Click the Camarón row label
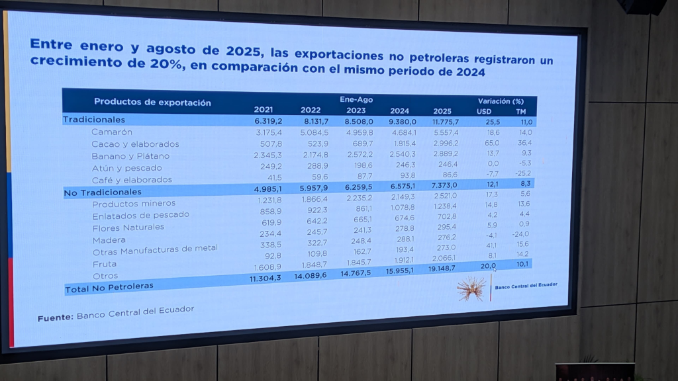(x=111, y=132)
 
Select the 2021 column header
(x=264, y=110)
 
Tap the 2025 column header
(x=442, y=111)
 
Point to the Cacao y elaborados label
(x=135, y=144)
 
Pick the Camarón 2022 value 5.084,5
(x=315, y=132)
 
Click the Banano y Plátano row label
(x=130, y=156)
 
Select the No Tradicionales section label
(x=103, y=192)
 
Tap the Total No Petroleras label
(x=109, y=288)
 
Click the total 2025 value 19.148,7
(x=442, y=269)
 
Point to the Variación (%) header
(x=501, y=101)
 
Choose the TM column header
(x=521, y=111)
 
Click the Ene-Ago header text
(x=356, y=99)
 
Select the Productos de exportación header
(x=152, y=102)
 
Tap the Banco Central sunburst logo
(x=471, y=288)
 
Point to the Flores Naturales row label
(x=128, y=228)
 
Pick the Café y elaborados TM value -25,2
(x=523, y=173)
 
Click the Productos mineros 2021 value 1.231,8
(x=270, y=200)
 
